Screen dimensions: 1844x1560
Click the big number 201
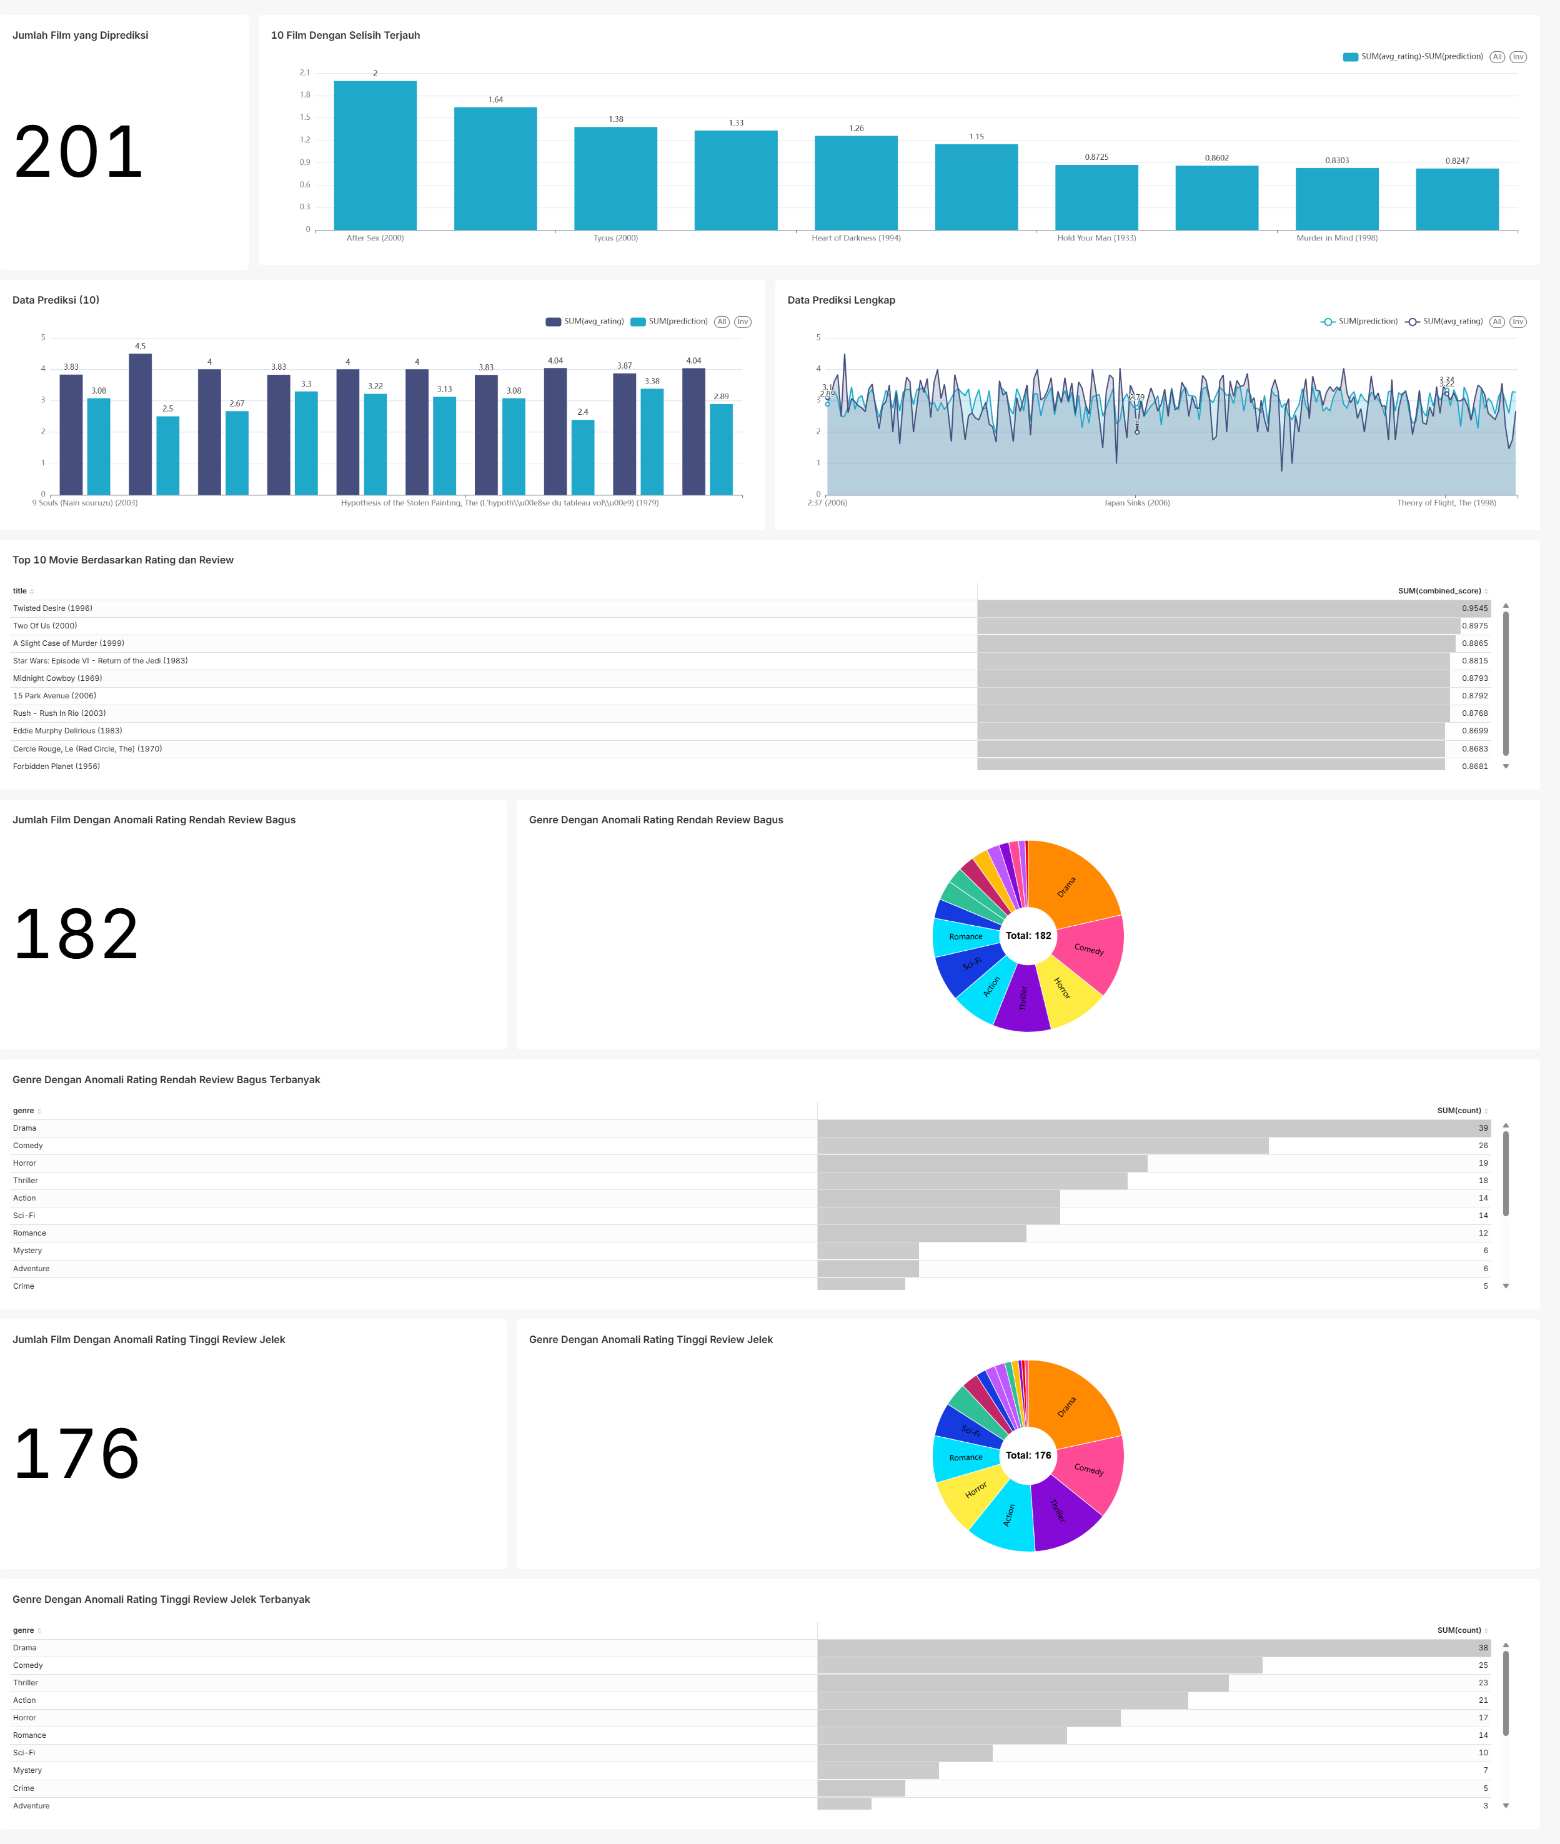[79, 152]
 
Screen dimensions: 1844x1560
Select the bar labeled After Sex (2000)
[375, 156]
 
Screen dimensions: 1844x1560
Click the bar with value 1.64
[495, 169]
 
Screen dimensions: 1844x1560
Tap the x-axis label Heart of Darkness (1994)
[855, 238]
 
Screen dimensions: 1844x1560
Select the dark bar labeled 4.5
[140, 424]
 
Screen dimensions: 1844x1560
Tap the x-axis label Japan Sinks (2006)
[1136, 503]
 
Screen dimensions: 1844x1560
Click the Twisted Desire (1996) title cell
[53, 608]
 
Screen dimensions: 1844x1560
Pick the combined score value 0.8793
[1474, 678]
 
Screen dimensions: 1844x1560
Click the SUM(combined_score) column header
[1439, 590]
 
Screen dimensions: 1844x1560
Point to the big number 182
[77, 934]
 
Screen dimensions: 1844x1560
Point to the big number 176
[77, 1454]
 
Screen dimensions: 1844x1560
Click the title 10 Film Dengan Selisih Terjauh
[345, 36]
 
